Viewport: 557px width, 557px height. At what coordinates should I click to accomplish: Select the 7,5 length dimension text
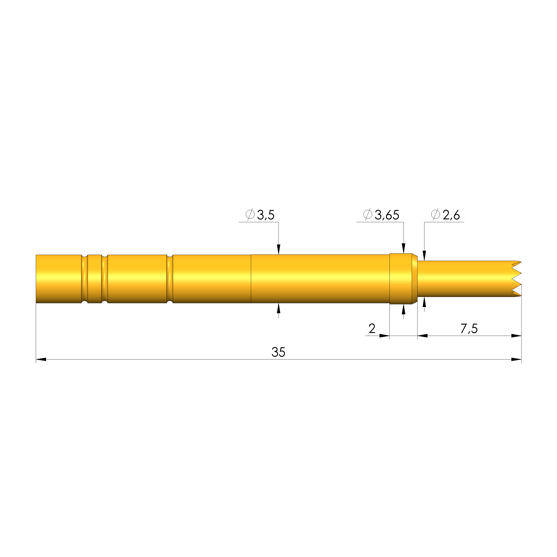pos(469,329)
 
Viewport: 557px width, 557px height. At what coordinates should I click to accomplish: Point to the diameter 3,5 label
pos(260,215)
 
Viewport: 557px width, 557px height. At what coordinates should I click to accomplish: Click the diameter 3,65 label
pos(381,215)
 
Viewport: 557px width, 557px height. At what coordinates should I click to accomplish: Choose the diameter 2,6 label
pos(445,215)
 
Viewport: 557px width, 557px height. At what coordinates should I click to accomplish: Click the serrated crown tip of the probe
pos(516,279)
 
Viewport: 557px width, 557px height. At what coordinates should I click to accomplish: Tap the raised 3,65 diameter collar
pos(401,279)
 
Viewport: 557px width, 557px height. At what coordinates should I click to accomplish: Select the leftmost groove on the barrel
pos(85,279)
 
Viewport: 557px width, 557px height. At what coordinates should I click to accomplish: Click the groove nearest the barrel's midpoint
pos(170,279)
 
